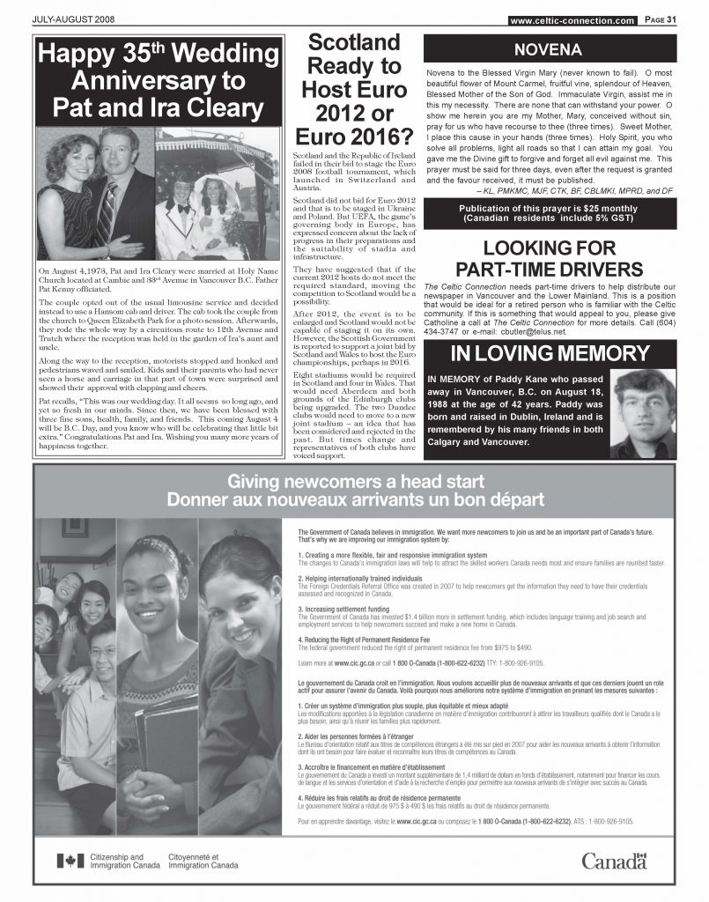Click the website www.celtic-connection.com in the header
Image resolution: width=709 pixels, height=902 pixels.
click(x=572, y=20)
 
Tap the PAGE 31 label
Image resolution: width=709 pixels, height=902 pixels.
click(x=660, y=20)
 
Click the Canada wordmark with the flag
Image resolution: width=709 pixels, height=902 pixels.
click(x=614, y=860)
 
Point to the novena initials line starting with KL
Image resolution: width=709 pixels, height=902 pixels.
click(x=597, y=190)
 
